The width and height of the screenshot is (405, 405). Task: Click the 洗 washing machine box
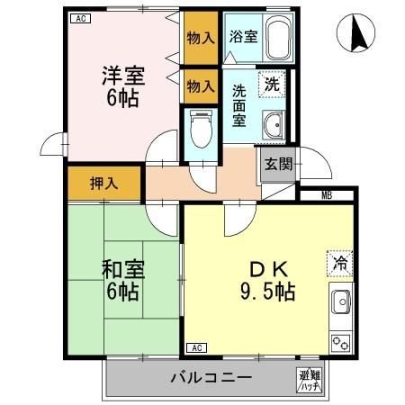(x=272, y=84)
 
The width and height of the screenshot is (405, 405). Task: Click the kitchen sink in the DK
(x=340, y=306)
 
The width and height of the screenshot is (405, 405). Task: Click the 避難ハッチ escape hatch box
(x=309, y=379)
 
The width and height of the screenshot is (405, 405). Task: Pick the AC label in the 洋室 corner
(x=80, y=17)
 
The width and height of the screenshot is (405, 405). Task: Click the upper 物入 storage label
(x=201, y=38)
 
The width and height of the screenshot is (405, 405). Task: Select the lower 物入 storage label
(x=201, y=86)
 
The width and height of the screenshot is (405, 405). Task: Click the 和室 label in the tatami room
(x=121, y=267)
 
